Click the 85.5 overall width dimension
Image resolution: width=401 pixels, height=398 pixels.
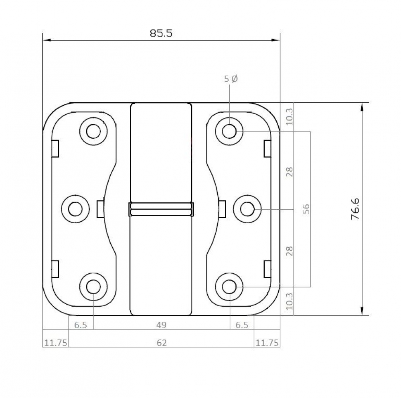161,34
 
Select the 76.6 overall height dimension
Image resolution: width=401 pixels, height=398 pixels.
355,209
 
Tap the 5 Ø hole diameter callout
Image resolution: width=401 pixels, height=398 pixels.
231,79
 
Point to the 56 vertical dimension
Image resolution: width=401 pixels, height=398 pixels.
306,209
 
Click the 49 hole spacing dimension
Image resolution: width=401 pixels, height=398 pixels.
161,325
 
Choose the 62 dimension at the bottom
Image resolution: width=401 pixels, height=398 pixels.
161,343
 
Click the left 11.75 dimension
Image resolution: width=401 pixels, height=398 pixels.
56,343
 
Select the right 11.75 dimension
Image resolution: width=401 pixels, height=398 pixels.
267,343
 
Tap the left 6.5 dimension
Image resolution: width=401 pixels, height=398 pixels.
81,325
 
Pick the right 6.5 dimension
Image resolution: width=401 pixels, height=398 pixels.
242,325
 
